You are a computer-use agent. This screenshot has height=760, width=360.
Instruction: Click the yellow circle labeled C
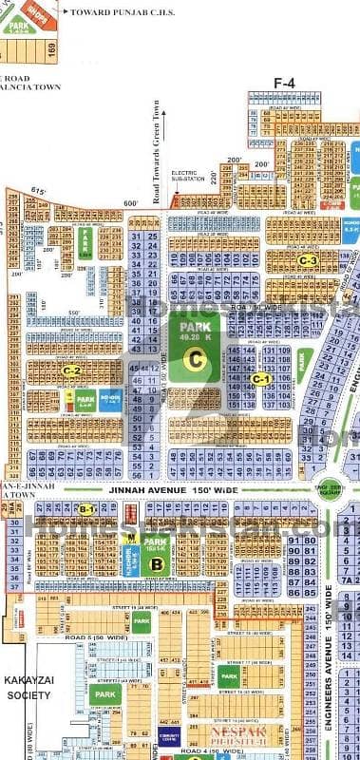coord(194,359)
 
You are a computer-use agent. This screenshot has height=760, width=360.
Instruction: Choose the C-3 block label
coord(307,260)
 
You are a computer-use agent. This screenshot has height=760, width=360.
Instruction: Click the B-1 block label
coord(86,510)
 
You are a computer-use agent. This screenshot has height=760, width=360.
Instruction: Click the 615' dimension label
coord(39,192)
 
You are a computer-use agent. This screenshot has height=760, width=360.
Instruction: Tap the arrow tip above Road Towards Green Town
coord(155,100)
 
